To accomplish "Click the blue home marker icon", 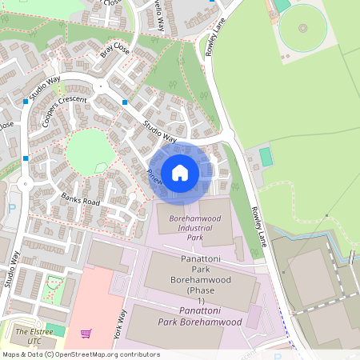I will pos(180,172).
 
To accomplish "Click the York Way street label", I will pos(121,324).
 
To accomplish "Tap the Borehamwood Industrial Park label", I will pos(186,225).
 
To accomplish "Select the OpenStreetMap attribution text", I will pos(80,354).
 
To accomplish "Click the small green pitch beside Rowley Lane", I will pos(266,157).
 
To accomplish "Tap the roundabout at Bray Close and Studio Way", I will pos(102,86).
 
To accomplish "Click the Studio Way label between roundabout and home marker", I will pos(160,130).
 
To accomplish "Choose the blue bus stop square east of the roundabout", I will pos(125,102).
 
